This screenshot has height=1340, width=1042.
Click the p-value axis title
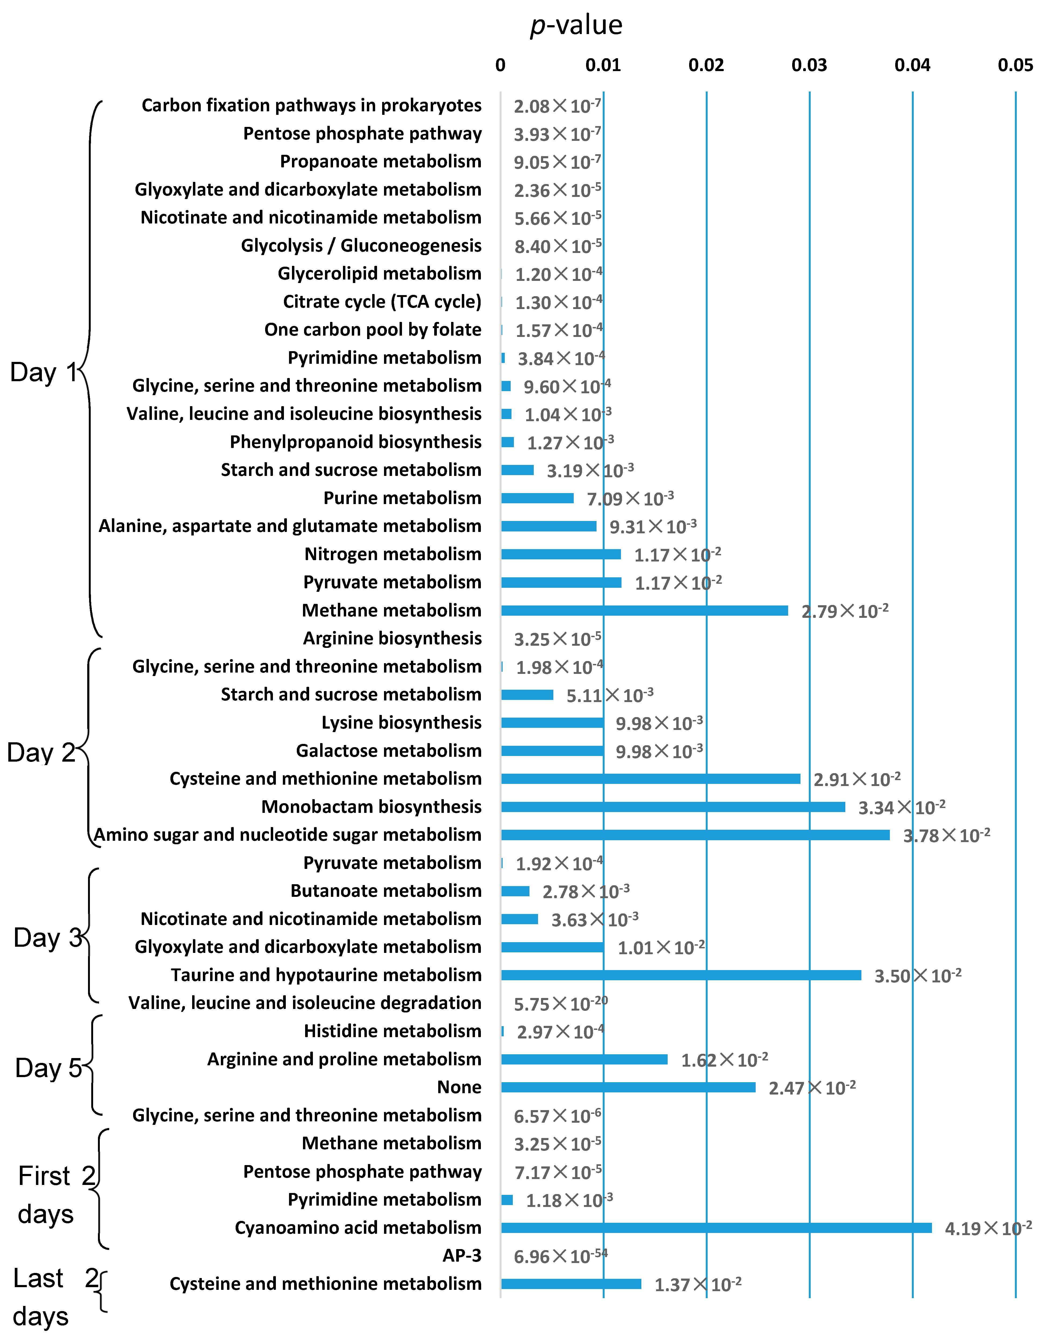(x=576, y=25)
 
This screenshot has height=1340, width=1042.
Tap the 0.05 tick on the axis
(x=1015, y=65)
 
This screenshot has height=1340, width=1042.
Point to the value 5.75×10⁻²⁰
(x=560, y=1004)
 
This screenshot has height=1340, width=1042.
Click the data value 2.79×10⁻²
(x=844, y=611)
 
